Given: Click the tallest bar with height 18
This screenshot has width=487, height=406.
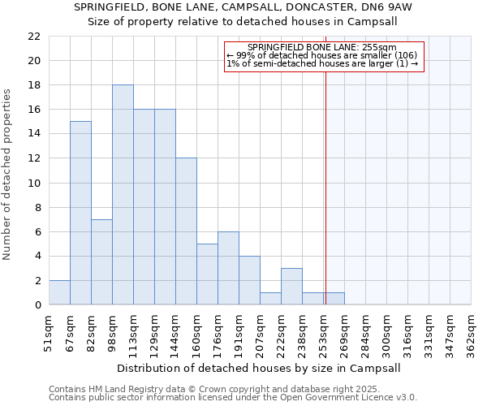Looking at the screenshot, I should (x=123, y=195).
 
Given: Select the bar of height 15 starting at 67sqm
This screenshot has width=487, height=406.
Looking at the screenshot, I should (x=80, y=213).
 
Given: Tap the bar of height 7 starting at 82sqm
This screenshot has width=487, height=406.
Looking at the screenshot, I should (x=101, y=261).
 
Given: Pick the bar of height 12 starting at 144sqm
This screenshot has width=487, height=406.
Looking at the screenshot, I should (x=186, y=231).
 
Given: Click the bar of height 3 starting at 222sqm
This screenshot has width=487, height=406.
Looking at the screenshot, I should (x=291, y=286).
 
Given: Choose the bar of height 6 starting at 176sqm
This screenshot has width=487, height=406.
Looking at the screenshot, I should (x=228, y=268).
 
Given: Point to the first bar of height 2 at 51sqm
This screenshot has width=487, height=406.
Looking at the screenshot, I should (x=59, y=292).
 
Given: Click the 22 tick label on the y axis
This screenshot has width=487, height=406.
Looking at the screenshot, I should (x=34, y=37).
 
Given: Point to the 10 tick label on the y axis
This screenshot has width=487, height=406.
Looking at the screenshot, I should (x=34, y=183).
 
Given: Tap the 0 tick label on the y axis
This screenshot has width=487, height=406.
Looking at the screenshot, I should (x=37, y=305).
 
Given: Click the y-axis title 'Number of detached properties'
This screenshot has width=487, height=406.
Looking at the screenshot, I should (x=8, y=175).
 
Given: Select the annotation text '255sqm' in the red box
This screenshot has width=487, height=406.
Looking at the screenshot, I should (x=380, y=48).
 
